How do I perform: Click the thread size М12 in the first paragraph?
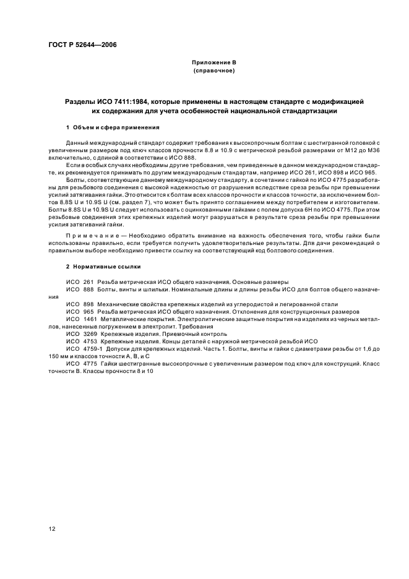pos(338,150)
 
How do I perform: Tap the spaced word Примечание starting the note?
pos(94,236)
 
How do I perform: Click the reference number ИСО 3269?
pos(78,333)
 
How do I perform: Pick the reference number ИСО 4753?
pos(78,341)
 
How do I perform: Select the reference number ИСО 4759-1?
pos(80,348)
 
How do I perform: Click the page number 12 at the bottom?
pos(53,528)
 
